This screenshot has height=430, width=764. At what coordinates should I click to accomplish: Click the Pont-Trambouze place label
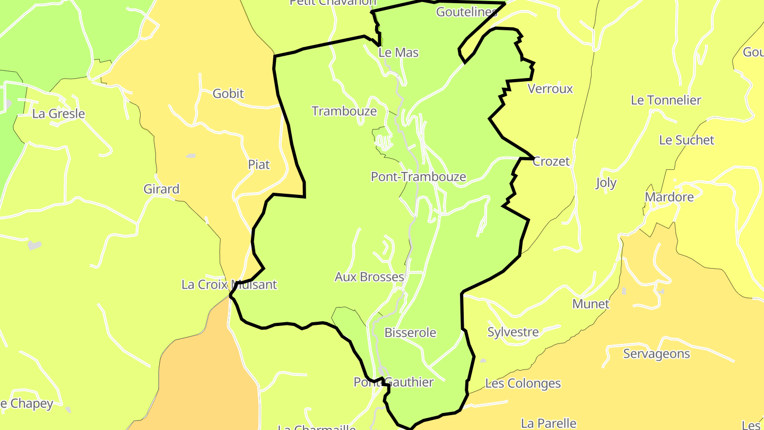coord(418,177)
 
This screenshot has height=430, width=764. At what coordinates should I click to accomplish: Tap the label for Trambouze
coord(344,111)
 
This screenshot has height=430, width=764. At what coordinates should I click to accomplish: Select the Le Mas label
coord(398,53)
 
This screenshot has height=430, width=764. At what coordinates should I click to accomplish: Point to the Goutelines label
coord(466,12)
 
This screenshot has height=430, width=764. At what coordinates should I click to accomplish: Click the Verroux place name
coord(550,89)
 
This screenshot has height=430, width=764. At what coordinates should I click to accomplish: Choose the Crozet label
coord(551,161)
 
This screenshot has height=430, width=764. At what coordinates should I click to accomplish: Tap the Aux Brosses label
coord(369,277)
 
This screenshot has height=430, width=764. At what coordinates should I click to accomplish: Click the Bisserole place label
coord(410,333)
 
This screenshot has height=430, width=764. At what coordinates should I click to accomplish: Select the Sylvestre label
coord(513,332)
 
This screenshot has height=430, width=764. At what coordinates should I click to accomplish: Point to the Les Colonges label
coord(523,383)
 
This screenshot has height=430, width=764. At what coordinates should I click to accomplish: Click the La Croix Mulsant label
coord(229,285)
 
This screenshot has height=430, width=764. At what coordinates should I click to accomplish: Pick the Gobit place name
coord(228,93)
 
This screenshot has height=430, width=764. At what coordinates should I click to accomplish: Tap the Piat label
coord(259,165)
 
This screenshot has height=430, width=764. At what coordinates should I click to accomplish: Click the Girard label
coord(161,189)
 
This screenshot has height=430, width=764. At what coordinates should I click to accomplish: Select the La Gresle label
coord(58,114)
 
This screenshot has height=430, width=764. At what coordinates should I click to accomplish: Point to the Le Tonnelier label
coord(666,100)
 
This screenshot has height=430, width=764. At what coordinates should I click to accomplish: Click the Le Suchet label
coord(687,140)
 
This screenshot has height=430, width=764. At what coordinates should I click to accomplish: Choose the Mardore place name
coord(669,197)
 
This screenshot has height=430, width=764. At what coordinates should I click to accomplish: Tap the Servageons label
coord(656,354)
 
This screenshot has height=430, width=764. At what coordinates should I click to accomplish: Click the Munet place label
coord(591,304)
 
